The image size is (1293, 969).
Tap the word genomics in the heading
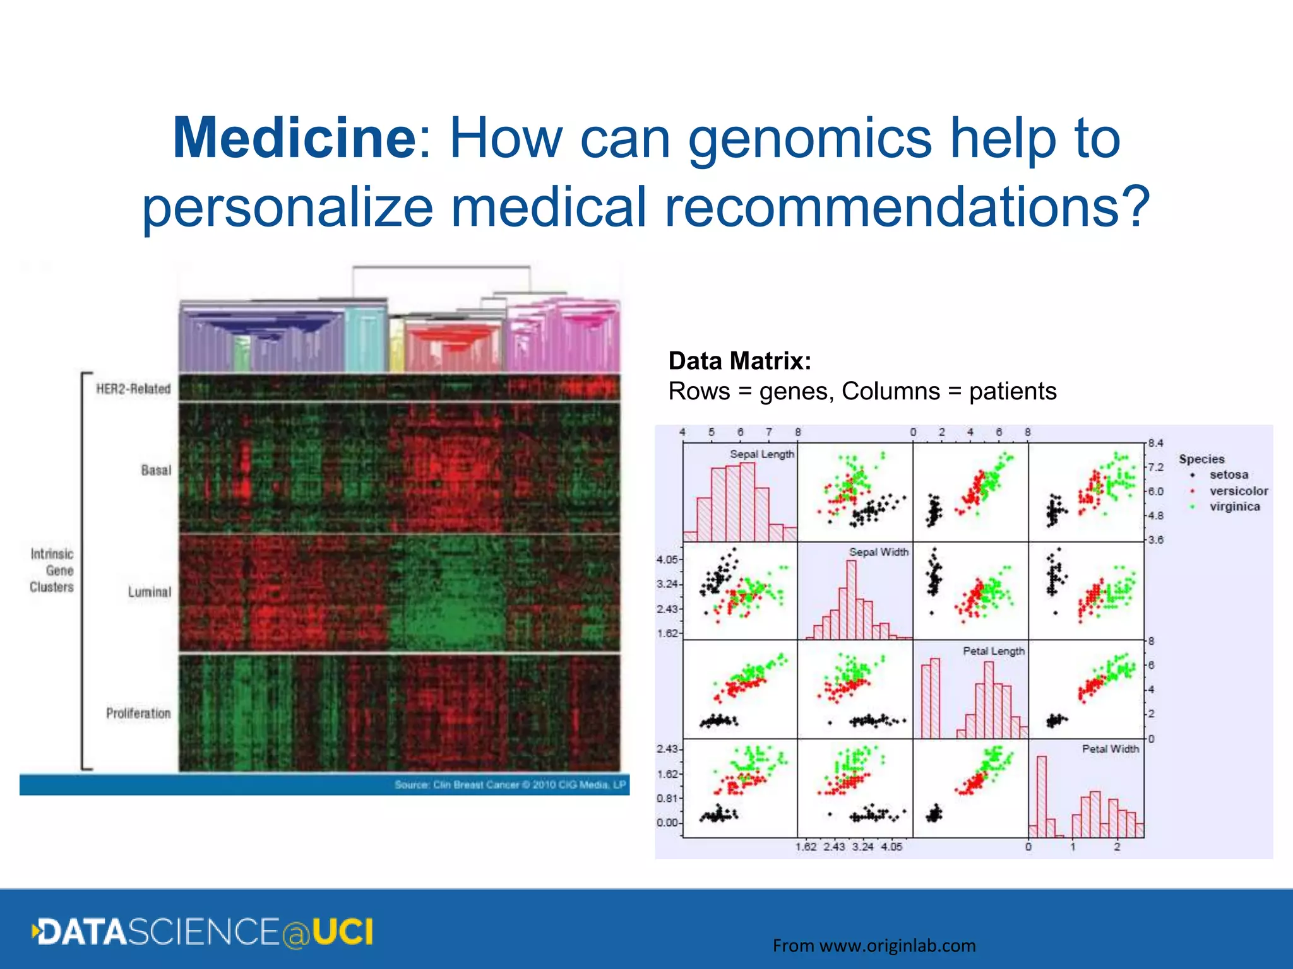click(809, 139)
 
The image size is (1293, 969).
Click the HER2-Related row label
click(133, 389)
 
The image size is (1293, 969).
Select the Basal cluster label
click(156, 470)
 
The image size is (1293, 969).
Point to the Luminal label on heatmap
click(149, 592)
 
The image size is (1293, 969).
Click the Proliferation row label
click(138, 713)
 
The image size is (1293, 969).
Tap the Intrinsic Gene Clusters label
click(52, 570)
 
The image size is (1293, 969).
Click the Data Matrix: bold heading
click(739, 361)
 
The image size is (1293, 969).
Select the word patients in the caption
click(1013, 391)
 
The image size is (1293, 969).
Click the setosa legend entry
click(1228, 474)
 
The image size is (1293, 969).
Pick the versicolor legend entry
click(1237, 491)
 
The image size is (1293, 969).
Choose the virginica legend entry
click(1234, 507)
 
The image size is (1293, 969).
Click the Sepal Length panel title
click(761, 454)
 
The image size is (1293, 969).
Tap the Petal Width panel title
click(1110, 749)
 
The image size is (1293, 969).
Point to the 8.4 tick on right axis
click(1155, 443)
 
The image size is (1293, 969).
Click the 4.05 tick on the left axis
click(667, 560)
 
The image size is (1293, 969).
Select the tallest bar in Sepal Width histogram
click(851, 599)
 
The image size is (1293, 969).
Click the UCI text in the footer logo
click(343, 932)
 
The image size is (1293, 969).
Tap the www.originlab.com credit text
click(897, 946)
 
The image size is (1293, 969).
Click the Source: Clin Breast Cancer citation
click(509, 785)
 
